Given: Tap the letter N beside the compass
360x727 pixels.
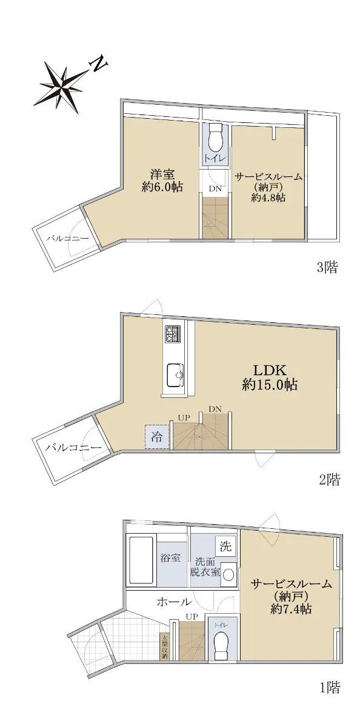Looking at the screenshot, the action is (x=99, y=65).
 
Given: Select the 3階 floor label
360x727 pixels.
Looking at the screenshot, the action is (x=327, y=268).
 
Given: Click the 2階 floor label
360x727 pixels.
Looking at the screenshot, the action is (x=329, y=480).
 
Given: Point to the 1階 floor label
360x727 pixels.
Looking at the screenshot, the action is (x=330, y=696).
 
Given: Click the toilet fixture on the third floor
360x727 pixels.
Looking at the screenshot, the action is (x=215, y=138).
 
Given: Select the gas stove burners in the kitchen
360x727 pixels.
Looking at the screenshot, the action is (x=173, y=334).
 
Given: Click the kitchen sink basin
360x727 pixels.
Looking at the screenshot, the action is (x=175, y=376).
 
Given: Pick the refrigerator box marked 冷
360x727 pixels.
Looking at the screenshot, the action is (x=157, y=437).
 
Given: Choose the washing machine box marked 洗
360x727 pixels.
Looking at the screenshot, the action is (x=225, y=546).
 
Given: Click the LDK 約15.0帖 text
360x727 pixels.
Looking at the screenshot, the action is (x=270, y=378).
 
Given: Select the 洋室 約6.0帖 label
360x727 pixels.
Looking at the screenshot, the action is (x=162, y=181).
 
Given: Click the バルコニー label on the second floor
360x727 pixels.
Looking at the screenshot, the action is (x=73, y=448).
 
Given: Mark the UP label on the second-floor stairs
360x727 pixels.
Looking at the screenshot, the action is (x=184, y=417).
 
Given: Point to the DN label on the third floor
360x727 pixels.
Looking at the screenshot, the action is (x=215, y=188).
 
